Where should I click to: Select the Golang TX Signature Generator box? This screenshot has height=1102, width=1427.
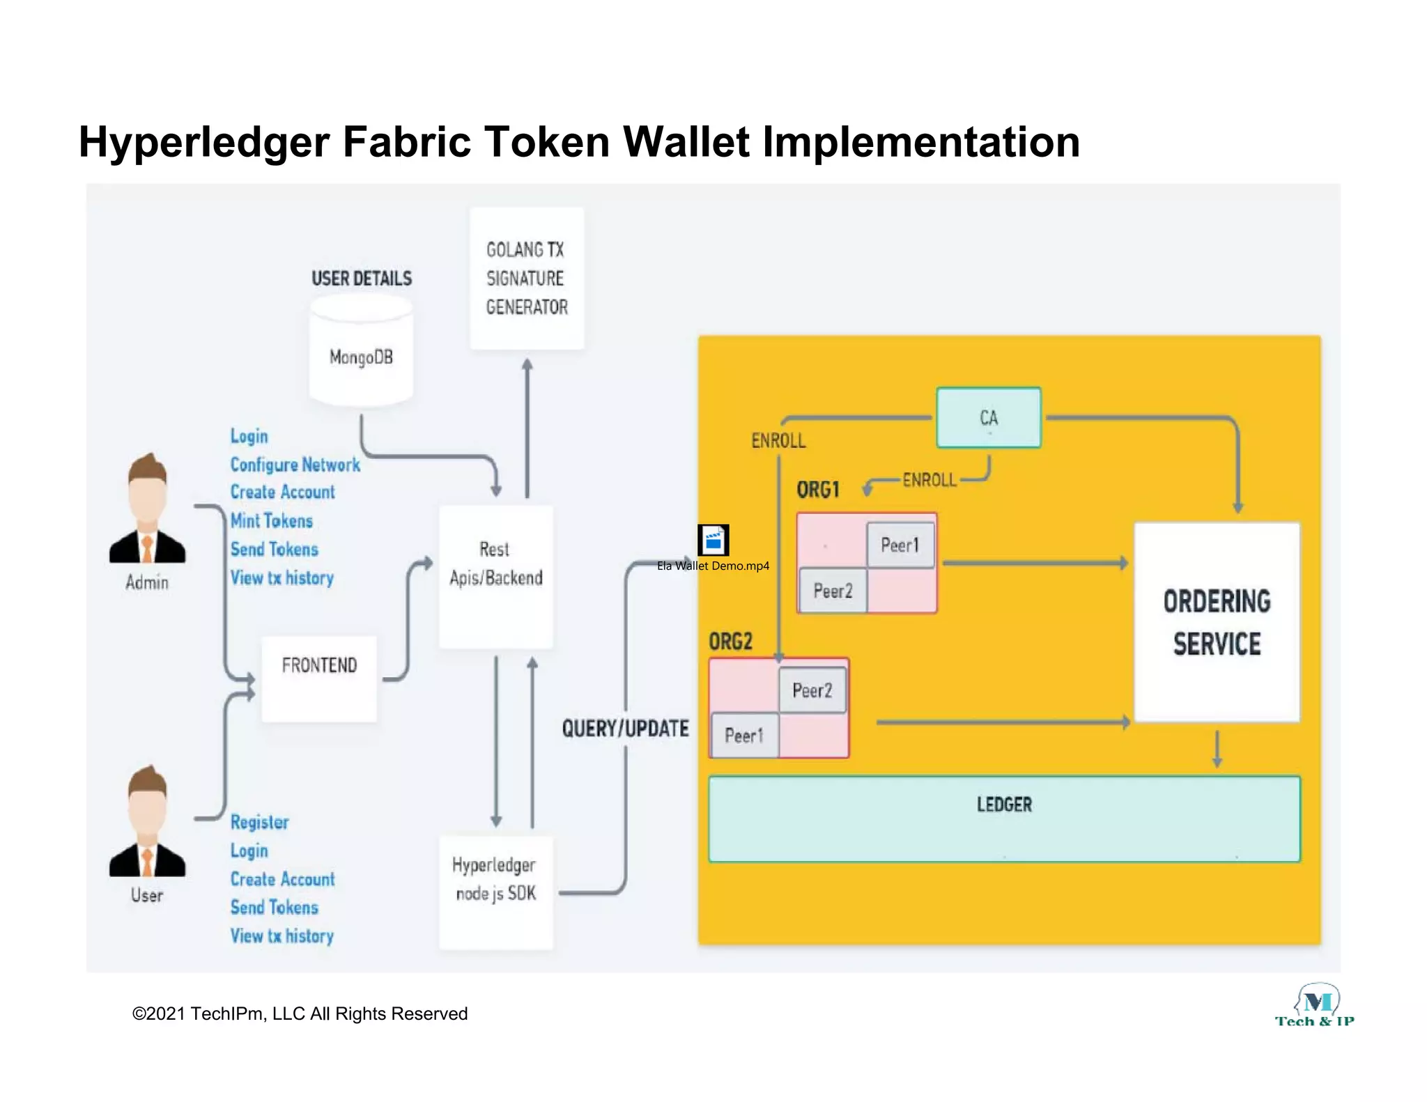(x=527, y=279)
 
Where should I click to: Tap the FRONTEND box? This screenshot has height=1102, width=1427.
(x=319, y=678)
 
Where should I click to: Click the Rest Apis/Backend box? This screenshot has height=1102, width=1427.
(x=496, y=576)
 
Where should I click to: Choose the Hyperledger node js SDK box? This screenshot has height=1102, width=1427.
(x=496, y=892)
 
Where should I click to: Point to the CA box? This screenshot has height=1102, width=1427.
(x=989, y=417)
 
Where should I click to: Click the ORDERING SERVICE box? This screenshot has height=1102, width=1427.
(x=1217, y=622)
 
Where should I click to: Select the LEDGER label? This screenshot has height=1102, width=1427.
(x=1004, y=805)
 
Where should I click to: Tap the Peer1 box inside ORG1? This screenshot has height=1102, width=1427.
(x=900, y=545)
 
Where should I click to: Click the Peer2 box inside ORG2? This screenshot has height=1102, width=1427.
(x=812, y=690)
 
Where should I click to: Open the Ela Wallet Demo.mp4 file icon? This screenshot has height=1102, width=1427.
(x=713, y=541)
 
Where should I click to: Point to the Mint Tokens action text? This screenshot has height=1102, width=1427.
(x=272, y=521)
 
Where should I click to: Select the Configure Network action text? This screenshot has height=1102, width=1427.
(x=295, y=465)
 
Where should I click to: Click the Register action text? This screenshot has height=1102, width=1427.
(x=260, y=822)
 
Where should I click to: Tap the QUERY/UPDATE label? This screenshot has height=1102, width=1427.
(x=625, y=729)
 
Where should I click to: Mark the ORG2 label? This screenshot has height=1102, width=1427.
(x=730, y=641)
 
